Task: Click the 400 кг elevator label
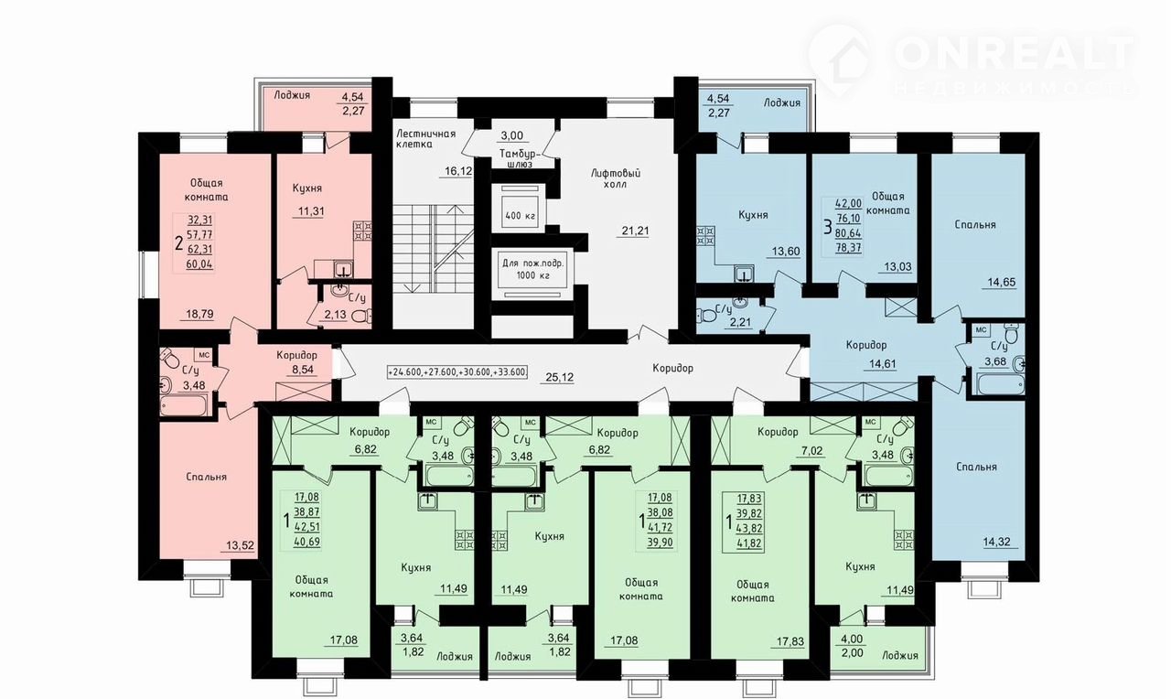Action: (521, 215)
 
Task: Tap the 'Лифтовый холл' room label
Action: (616, 178)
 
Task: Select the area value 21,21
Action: (635, 230)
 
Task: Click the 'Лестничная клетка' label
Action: (425, 138)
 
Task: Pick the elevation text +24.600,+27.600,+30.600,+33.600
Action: (457, 372)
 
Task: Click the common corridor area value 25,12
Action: (559, 377)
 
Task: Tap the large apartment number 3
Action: (828, 227)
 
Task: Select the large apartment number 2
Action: (178, 243)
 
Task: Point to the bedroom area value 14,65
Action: (1001, 283)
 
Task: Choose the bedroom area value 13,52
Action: (240, 546)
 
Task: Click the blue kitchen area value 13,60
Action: (786, 252)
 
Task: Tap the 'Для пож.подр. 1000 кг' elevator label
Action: (532, 269)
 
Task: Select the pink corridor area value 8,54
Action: (303, 370)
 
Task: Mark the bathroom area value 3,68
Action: (996, 361)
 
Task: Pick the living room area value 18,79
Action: (199, 314)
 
